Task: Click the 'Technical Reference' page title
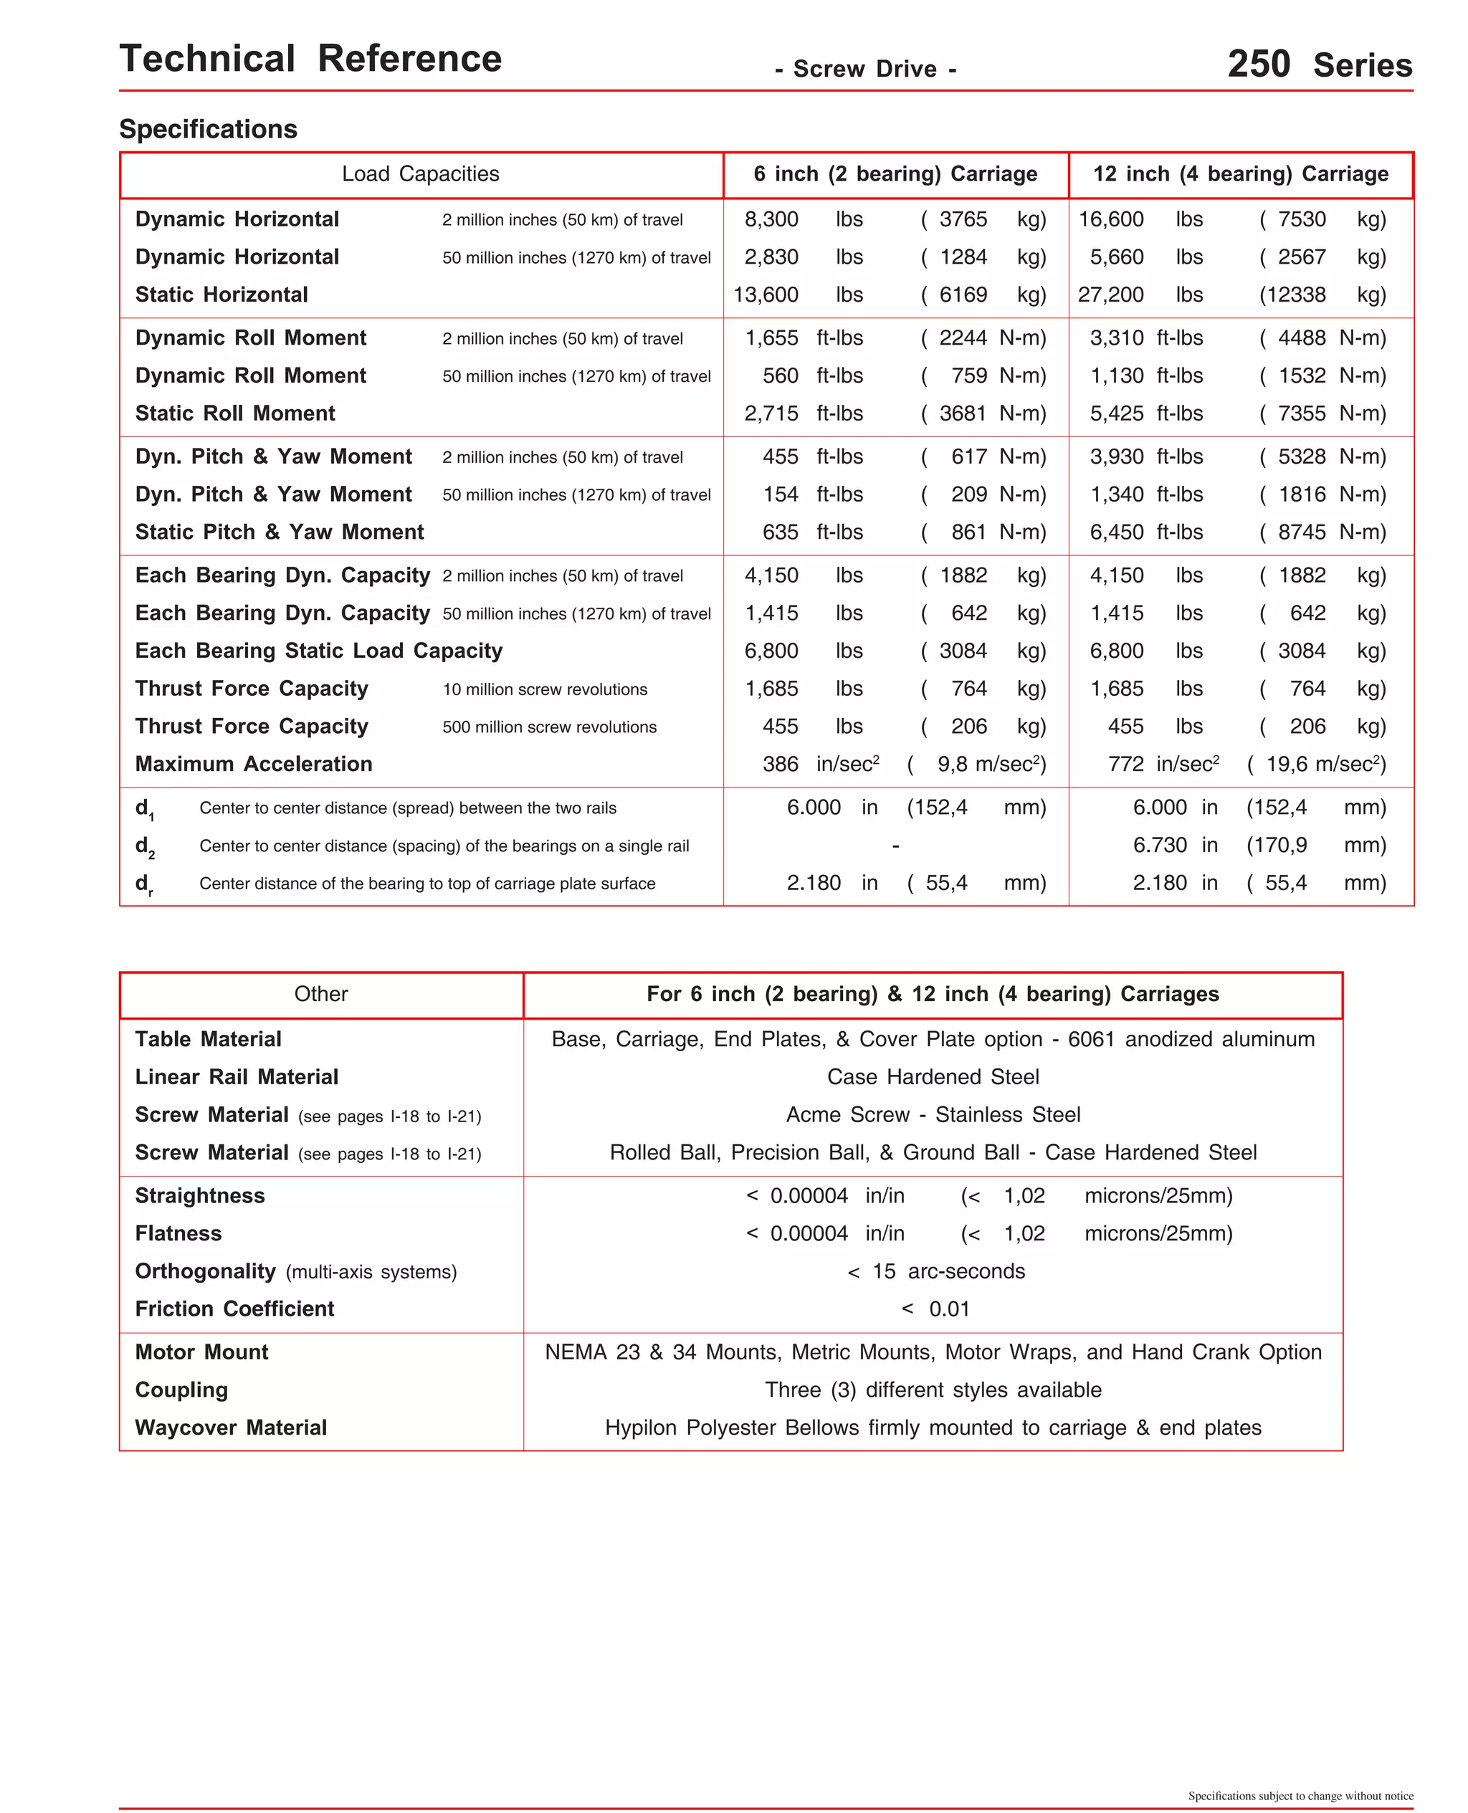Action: point(310,59)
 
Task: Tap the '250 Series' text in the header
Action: point(1319,64)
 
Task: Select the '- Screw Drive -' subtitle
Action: point(865,70)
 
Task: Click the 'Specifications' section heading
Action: point(208,129)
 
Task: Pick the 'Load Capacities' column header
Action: point(420,174)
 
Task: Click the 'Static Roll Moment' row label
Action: point(235,413)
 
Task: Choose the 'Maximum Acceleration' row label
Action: point(254,764)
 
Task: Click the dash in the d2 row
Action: point(895,845)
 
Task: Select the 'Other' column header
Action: point(320,994)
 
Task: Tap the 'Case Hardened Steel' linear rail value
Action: point(933,1077)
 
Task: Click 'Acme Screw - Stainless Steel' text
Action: point(933,1115)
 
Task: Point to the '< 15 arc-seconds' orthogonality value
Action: point(935,1271)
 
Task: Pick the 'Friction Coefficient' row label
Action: point(234,1309)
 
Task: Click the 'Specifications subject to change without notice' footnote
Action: point(1300,1796)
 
